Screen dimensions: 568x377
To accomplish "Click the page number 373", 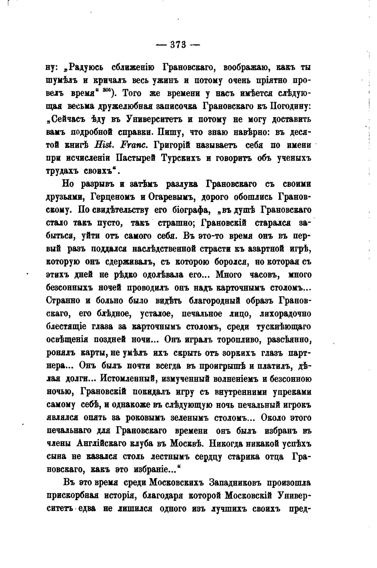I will point(178,44).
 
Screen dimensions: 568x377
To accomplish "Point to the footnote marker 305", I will point(105,90).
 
